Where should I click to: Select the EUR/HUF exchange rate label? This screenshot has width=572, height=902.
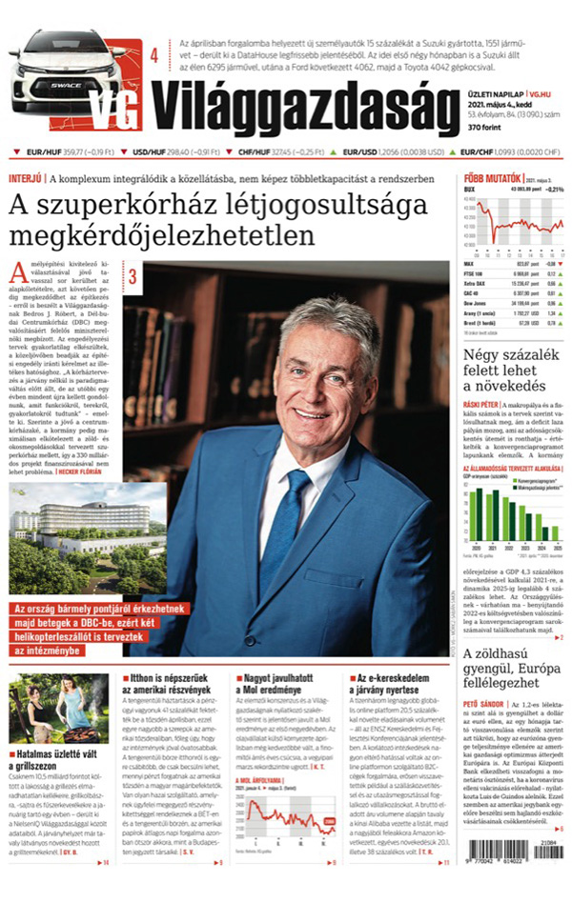tap(44, 152)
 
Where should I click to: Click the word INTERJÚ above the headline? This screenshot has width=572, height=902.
tap(25, 178)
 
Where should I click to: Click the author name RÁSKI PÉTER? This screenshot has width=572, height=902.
tap(484, 404)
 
